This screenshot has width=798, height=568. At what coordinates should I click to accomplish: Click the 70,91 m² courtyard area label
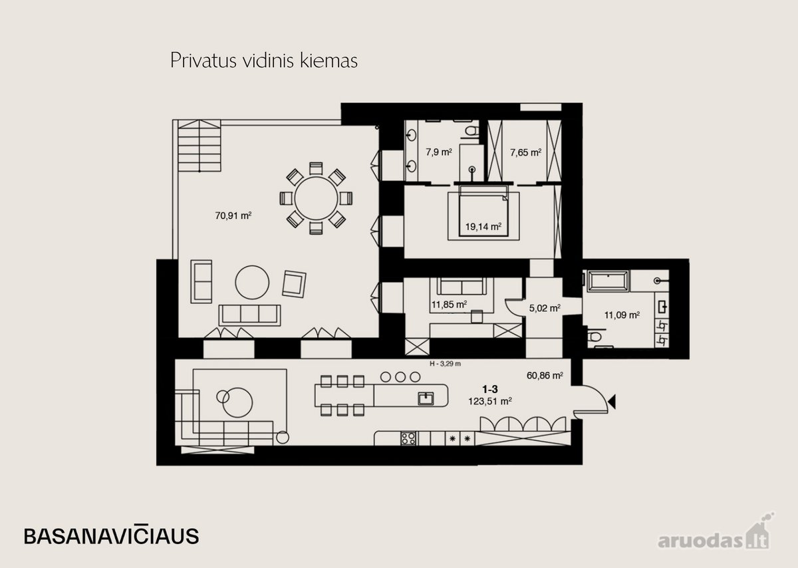[233, 215]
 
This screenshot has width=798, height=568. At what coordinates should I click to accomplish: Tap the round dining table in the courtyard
[316, 198]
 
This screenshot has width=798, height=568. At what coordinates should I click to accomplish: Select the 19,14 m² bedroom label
[483, 226]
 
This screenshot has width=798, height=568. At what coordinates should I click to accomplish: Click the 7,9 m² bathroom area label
[439, 152]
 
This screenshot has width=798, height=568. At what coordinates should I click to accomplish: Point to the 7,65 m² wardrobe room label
[526, 152]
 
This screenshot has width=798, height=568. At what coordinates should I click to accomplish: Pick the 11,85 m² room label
[450, 305]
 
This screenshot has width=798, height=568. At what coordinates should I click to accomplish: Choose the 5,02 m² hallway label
[545, 308]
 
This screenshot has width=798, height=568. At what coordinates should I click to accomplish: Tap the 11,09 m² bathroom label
[622, 315]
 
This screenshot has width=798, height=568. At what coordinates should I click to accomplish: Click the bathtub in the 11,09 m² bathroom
[608, 281]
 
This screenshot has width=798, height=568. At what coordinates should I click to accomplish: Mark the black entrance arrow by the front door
[612, 402]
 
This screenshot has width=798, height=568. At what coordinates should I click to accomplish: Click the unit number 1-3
[490, 389]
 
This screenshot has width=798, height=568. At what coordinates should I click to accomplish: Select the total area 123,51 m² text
[490, 401]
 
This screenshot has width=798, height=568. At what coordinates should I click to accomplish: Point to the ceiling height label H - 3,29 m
[446, 364]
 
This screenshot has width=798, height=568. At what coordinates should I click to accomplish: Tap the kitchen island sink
[426, 399]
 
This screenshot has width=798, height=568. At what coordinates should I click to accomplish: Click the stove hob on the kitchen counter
[408, 438]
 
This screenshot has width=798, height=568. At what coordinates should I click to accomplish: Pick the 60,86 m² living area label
[545, 376]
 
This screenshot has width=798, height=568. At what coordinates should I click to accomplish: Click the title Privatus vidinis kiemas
[264, 61]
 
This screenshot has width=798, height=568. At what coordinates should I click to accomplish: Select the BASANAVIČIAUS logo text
[111, 535]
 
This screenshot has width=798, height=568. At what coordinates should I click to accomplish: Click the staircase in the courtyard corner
[199, 146]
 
